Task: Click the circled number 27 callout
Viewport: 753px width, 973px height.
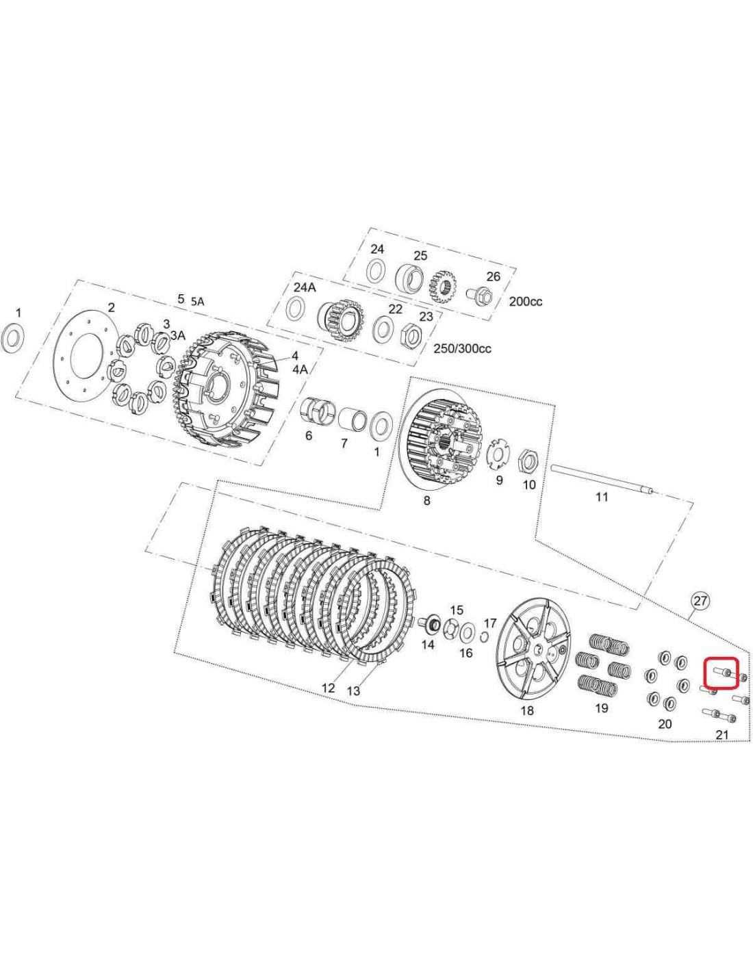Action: click(x=700, y=601)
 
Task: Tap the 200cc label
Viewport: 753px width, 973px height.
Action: click(x=526, y=302)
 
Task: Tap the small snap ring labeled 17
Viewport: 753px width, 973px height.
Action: click(x=483, y=638)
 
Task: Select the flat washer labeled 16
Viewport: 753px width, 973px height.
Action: click(x=468, y=632)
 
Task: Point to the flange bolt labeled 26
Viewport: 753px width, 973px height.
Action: click(x=478, y=295)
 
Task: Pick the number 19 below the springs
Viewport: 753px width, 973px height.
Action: click(x=601, y=708)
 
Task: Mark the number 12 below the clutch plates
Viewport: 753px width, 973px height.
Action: click(x=329, y=688)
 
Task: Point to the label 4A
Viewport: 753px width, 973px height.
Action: click(x=300, y=369)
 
